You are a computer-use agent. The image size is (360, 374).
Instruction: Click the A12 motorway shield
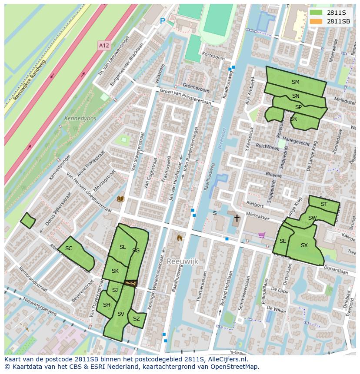point(103,45)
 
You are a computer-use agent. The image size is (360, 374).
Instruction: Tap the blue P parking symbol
point(163,21)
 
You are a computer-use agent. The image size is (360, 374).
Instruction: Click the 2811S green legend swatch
point(316,13)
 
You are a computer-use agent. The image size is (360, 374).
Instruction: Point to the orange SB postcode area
point(131,283)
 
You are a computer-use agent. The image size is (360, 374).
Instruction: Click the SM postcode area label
point(295,82)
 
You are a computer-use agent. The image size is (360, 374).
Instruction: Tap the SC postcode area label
point(69,248)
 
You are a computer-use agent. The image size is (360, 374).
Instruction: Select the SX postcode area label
point(304,245)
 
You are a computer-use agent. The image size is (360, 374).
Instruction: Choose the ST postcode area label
point(324,204)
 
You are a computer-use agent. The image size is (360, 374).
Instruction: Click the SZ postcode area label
point(137,319)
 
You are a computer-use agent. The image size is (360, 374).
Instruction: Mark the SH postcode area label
point(107,305)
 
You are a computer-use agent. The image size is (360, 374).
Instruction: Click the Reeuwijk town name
point(182,261)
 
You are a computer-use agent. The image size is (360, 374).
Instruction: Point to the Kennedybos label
point(80,118)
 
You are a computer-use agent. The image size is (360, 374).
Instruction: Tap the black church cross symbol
point(237,218)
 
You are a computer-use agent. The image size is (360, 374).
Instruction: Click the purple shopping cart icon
point(262,235)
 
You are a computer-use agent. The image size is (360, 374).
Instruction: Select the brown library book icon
point(121,199)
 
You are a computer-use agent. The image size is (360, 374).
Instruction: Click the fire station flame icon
point(179,238)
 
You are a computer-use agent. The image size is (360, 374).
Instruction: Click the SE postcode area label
point(283,241)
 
